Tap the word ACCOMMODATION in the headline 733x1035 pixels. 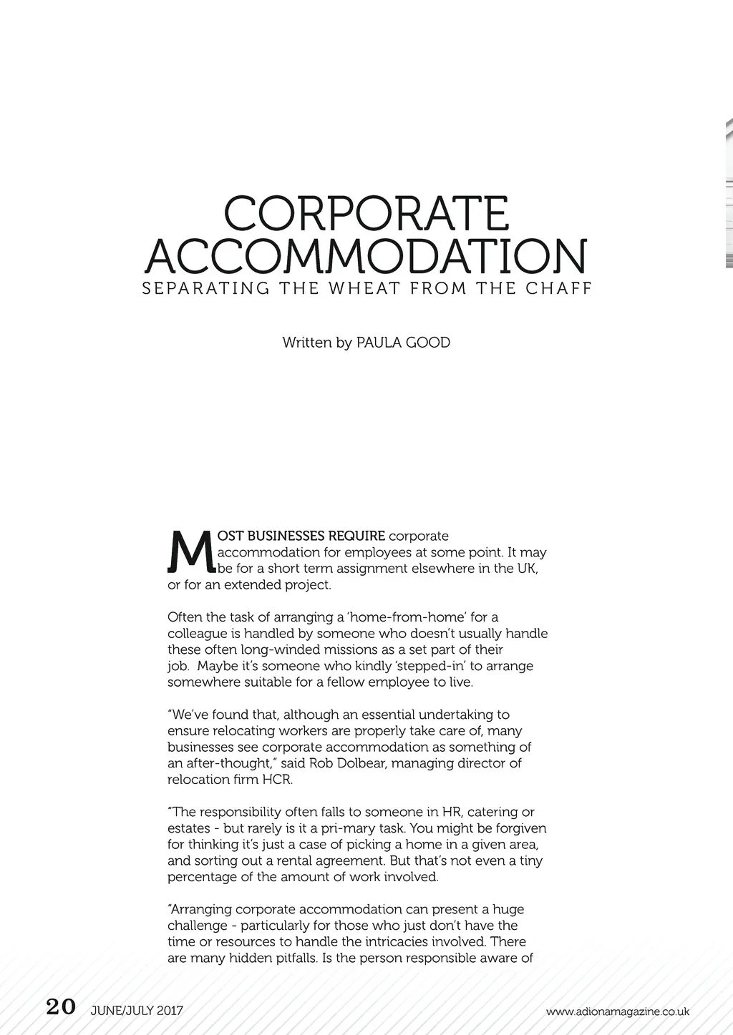click(x=366, y=255)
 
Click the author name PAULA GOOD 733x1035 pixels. click(x=403, y=343)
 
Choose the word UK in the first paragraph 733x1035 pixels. click(x=527, y=569)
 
